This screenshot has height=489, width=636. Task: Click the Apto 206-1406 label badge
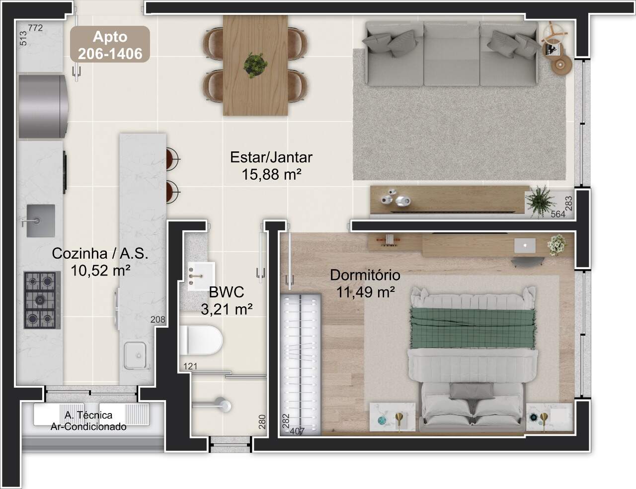click(x=110, y=44)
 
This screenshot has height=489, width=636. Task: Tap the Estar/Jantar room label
click(x=271, y=157)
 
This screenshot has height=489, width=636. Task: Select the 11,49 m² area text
click(x=366, y=292)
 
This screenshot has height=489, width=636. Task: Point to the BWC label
click(x=227, y=292)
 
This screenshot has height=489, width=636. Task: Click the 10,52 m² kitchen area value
click(x=100, y=271)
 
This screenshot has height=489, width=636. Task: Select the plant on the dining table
click(x=255, y=65)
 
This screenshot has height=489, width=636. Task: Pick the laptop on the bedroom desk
click(x=525, y=246)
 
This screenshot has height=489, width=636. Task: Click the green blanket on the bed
click(x=473, y=329)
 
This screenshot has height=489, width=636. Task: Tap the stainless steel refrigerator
click(x=43, y=106)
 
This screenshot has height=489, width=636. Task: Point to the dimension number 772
click(x=35, y=28)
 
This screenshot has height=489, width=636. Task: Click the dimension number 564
click(x=558, y=214)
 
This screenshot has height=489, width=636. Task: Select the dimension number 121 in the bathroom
click(x=190, y=366)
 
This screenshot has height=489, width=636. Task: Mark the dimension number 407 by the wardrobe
click(x=297, y=431)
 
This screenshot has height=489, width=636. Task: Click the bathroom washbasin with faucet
click(x=201, y=276)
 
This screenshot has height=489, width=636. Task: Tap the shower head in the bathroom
click(x=225, y=406)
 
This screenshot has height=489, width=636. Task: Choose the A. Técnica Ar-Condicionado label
click(x=88, y=421)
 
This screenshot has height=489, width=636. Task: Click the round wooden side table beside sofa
click(x=562, y=65)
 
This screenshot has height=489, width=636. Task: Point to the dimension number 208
click(x=158, y=320)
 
